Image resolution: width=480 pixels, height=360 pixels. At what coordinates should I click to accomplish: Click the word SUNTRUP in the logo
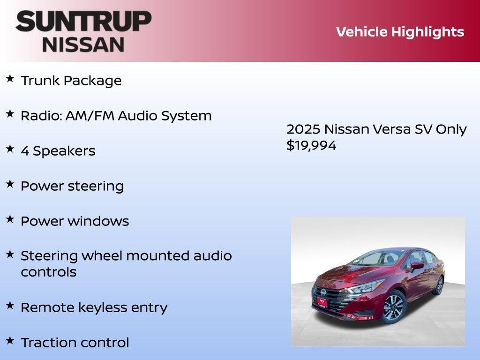coord(83,21)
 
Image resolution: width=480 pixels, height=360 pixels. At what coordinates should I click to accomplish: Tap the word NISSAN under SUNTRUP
coord(83,44)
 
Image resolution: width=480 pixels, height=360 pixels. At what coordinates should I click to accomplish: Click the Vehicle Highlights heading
coord(400,32)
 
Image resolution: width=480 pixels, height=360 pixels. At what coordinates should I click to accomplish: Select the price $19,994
coord(311,145)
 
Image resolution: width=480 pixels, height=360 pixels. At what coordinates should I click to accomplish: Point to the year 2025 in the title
coord(303,129)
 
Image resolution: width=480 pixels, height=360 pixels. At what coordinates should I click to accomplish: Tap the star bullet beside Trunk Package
coord(10,78)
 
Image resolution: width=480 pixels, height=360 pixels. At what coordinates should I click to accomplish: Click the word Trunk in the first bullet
coord(40,81)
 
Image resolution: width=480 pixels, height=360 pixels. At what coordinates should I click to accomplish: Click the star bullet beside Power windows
coord(10,219)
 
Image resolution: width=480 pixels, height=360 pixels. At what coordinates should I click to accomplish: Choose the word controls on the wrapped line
coord(48,272)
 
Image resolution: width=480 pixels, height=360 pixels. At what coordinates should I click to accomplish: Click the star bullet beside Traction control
coord(10,340)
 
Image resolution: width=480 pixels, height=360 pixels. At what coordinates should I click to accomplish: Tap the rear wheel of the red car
coord(439,285)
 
